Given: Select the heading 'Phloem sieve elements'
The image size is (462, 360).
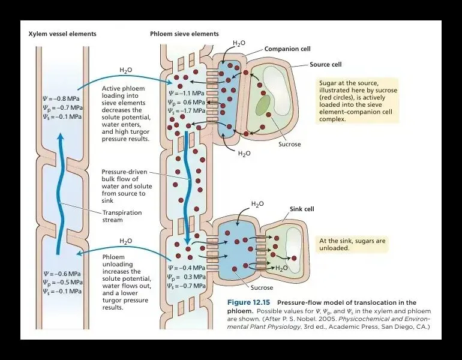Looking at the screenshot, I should click(x=184, y=34).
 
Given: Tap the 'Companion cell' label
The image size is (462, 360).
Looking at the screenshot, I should click(x=287, y=49).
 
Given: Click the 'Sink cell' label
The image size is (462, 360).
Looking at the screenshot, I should click(x=302, y=209).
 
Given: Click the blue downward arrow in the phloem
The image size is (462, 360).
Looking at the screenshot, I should click(x=188, y=186).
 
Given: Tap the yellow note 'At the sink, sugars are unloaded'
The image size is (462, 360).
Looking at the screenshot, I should click(x=351, y=244).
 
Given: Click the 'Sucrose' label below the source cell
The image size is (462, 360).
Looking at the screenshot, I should click(x=290, y=145).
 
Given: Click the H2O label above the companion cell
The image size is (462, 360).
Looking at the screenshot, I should click(x=238, y=44).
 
